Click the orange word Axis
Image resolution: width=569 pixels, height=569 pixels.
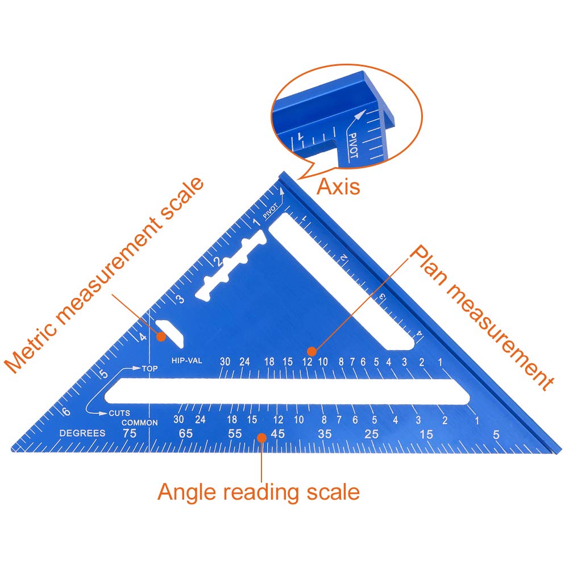(338, 186)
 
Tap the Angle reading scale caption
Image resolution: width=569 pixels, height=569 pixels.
(259, 492)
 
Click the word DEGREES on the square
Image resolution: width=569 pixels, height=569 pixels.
(83, 433)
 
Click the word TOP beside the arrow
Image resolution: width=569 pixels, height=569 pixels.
(149, 369)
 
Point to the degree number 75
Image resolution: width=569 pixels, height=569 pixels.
(130, 434)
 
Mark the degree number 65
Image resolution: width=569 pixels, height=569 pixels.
(186, 434)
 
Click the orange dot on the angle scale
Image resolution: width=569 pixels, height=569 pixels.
(261, 438)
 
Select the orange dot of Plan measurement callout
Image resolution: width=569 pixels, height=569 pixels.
(311, 351)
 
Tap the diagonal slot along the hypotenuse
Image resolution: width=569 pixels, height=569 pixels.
(342, 284)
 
